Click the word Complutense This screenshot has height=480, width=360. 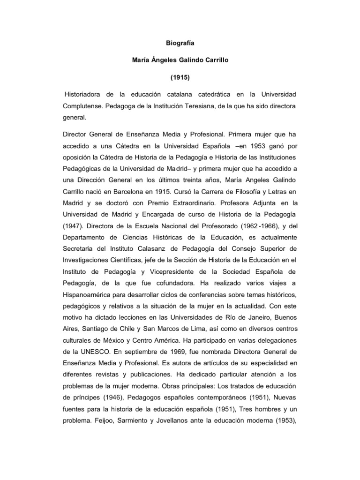point(82,107)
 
